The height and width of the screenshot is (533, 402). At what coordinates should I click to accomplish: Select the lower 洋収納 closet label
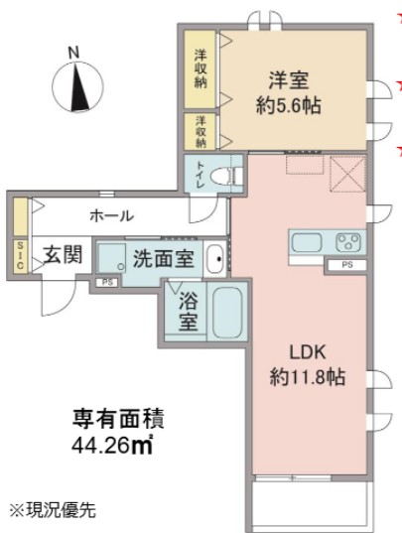200,129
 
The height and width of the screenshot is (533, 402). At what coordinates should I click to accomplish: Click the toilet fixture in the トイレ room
229,176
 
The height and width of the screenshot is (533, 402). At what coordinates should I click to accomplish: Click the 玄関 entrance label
62,256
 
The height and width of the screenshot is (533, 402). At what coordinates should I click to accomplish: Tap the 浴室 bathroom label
188,312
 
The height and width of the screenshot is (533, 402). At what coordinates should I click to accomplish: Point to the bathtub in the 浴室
227,314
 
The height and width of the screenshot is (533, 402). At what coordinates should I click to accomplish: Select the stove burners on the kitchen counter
349,241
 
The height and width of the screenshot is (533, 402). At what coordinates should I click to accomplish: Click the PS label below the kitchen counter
346,264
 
